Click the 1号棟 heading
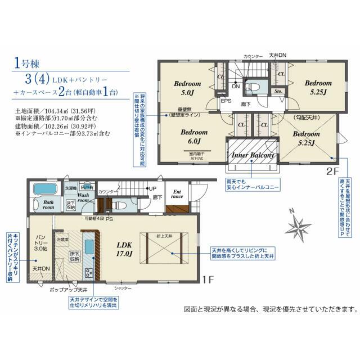point(26,62)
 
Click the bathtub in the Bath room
point(48,190)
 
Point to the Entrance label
point(177,195)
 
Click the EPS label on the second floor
point(226,102)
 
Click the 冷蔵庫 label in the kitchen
point(62,238)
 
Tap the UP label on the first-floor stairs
point(152,188)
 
